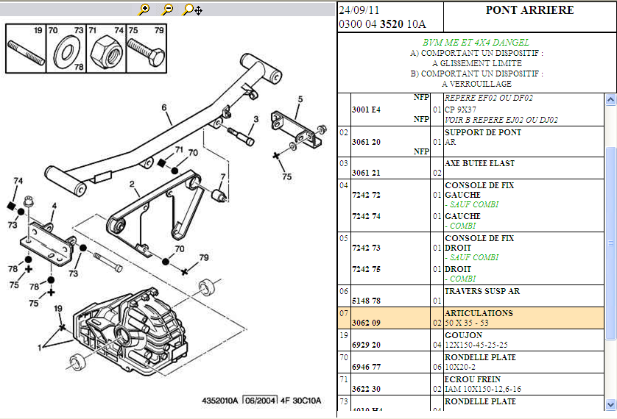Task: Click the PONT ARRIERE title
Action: pos(529,10)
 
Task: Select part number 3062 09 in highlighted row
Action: pos(367,323)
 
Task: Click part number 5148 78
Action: pos(367,301)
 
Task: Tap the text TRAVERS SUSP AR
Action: pos(482,291)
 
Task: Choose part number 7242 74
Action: pos(367,217)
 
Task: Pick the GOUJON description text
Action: pos(464,335)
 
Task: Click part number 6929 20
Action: pos(367,345)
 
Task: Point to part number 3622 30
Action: pos(367,389)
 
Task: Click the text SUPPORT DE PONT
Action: pos(483,132)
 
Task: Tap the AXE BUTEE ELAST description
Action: pos(480,163)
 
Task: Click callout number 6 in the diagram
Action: pos(165,107)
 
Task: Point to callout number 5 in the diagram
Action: pos(300,99)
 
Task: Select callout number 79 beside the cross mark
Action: pos(204,257)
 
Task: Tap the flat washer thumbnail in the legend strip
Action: pos(67,51)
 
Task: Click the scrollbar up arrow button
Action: pos(610,99)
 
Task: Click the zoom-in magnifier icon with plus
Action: pos(144,10)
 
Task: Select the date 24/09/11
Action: pos(359,10)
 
